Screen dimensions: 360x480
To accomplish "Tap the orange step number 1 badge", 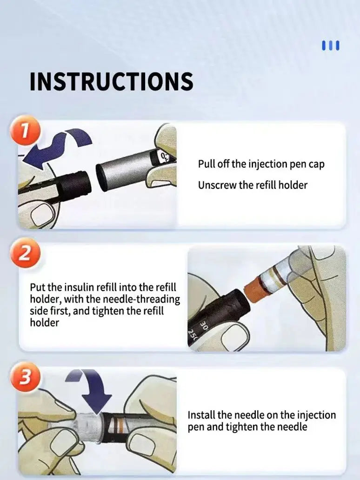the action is [x=25, y=131].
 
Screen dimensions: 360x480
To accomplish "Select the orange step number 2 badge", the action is [x=25, y=253].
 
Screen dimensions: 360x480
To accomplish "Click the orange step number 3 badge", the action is [x=25, y=377].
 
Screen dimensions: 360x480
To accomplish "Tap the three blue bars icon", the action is [x=331, y=45].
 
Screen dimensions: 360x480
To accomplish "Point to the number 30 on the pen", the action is [x=204, y=326].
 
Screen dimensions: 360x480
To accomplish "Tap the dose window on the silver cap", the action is [x=164, y=156].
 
